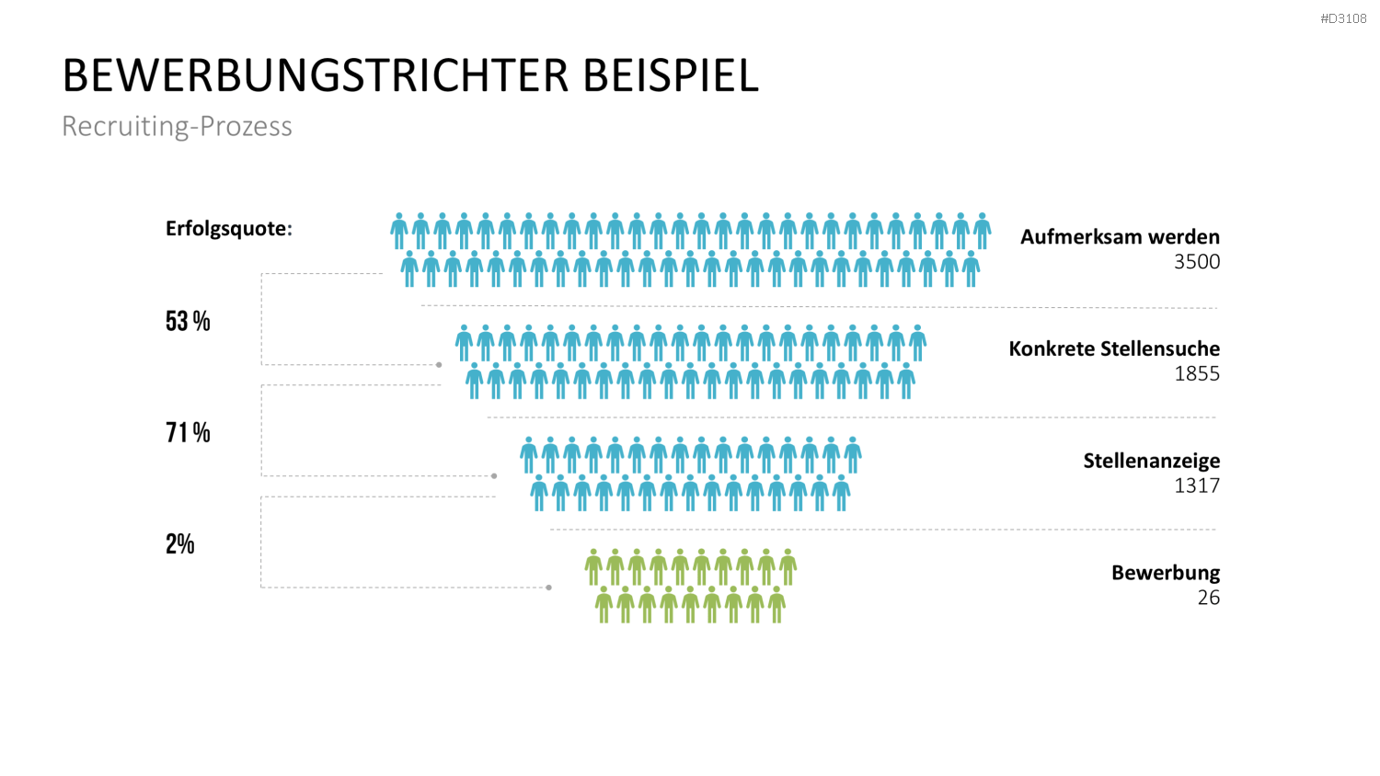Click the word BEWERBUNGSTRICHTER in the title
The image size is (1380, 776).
[316, 75]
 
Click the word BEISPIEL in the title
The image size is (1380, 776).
[671, 75]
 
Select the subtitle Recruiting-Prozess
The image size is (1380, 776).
[177, 126]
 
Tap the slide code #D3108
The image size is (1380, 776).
[1343, 18]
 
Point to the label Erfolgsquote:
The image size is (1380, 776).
[228, 229]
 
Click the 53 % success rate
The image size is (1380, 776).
[188, 321]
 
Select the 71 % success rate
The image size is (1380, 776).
[188, 432]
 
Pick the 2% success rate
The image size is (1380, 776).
[180, 543]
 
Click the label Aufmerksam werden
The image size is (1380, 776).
[1120, 237]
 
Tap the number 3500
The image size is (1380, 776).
[1197, 262]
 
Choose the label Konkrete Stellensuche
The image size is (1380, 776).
[1114, 349]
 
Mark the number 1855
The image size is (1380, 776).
[1197, 374]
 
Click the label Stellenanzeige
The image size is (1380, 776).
[1152, 462]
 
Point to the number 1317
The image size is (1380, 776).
[1197, 486]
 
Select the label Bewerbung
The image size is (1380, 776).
[1167, 574]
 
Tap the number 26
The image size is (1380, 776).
[1209, 598]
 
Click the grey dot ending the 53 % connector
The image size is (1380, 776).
[439, 365]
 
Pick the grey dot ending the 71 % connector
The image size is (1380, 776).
[494, 476]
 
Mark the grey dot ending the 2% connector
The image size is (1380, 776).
[549, 588]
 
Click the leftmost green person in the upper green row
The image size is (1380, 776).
[593, 567]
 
